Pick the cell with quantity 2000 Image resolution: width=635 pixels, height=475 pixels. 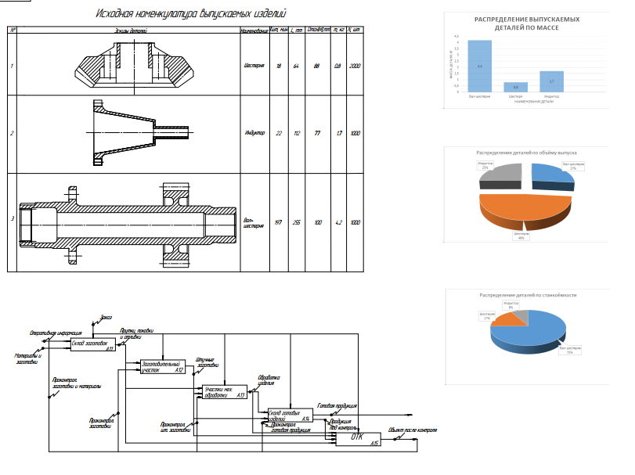tap(356, 65)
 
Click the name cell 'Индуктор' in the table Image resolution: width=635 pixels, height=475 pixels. tap(254, 133)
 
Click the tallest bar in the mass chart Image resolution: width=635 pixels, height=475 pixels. tap(479, 66)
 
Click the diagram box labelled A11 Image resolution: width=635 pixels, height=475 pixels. tap(92, 344)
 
